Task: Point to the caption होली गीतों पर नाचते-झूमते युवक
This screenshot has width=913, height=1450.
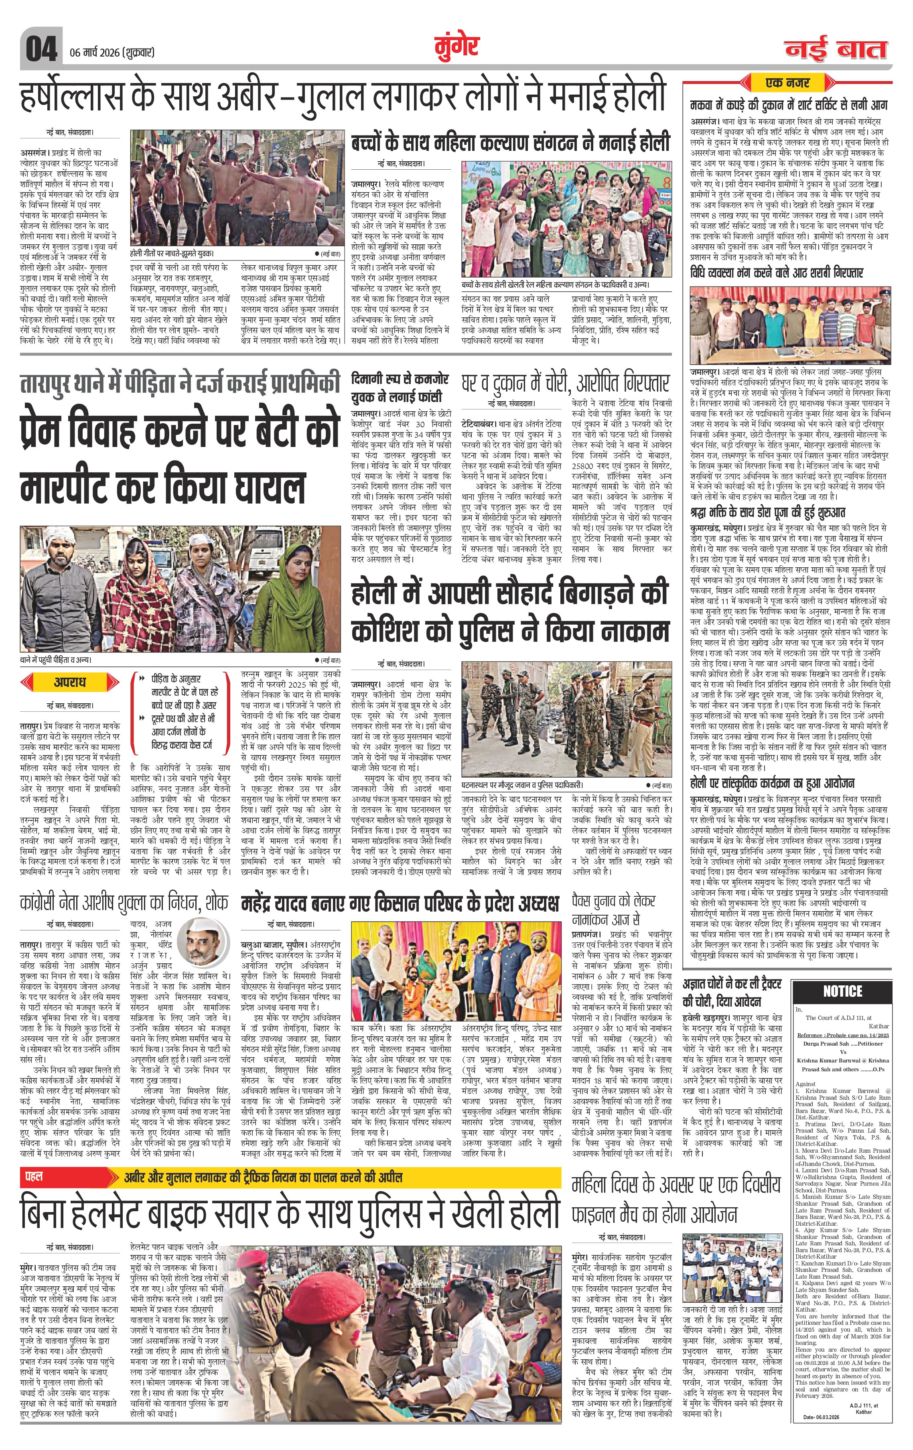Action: pyautogui.click(x=172, y=254)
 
